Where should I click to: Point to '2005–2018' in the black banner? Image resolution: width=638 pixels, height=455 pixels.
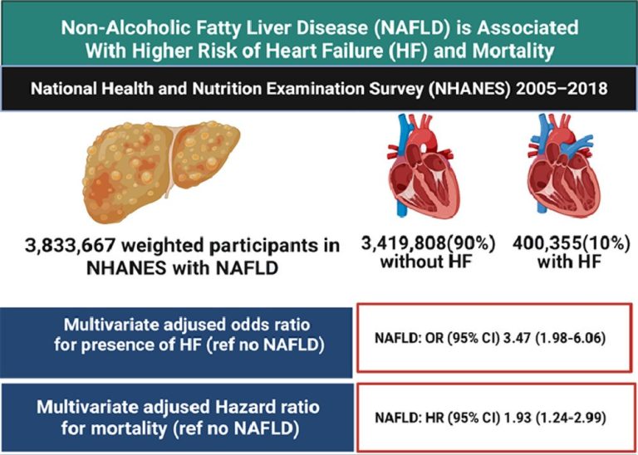(547, 87)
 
